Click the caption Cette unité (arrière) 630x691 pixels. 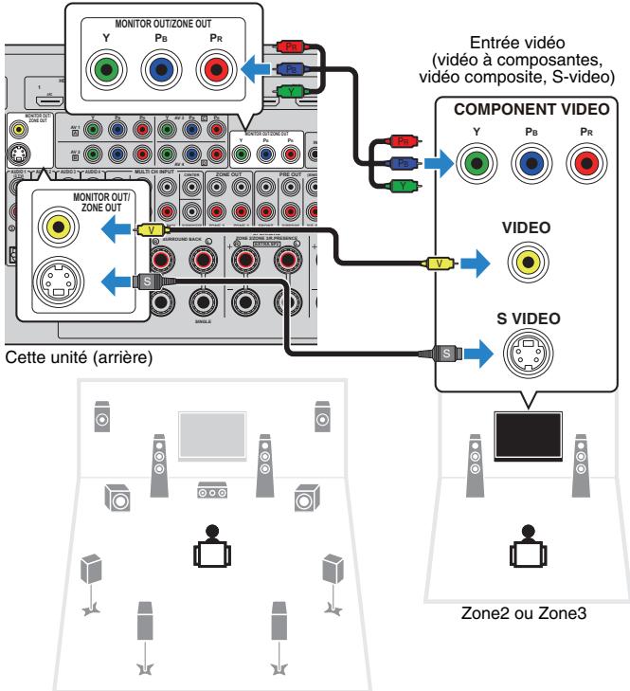[63, 359]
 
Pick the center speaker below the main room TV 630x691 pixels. [211, 492]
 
